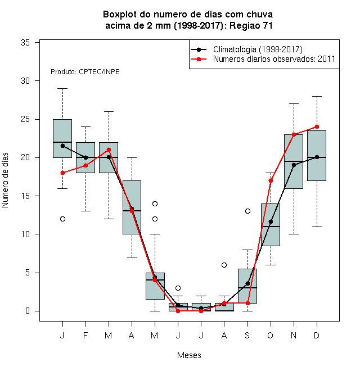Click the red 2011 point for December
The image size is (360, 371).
(x=317, y=127)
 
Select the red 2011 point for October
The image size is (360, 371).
(x=271, y=181)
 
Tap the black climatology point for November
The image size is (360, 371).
(x=294, y=165)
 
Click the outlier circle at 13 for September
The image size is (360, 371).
(x=247, y=211)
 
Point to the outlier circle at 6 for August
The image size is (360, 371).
(x=224, y=265)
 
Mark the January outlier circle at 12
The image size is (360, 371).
(x=62, y=219)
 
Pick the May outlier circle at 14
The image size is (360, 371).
(x=155, y=203)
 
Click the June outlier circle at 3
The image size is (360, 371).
(x=178, y=288)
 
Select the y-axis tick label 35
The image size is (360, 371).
(x=25, y=43)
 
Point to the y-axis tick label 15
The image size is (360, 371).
(x=25, y=196)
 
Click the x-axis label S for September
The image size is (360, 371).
(x=247, y=335)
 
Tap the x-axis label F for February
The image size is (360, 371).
(x=85, y=335)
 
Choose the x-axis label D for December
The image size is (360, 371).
(x=317, y=335)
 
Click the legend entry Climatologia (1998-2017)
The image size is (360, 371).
(x=258, y=49)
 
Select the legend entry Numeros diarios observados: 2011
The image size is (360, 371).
(x=274, y=59)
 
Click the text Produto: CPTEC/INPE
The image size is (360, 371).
(x=85, y=72)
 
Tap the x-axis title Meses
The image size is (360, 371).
(x=189, y=355)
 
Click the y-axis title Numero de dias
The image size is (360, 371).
(x=5, y=180)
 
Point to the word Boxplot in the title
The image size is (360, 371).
(x=120, y=15)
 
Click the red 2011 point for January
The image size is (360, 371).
(x=62, y=173)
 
